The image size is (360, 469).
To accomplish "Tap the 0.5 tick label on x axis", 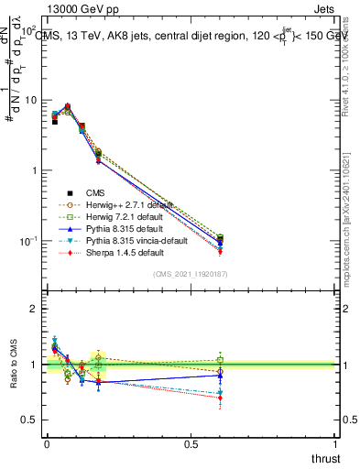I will [x=191, y=444].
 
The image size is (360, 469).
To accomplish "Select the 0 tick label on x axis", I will [x=47, y=444].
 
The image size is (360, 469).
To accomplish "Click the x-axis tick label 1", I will [x=336, y=444].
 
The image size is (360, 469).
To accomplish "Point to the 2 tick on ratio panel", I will [x=34, y=309].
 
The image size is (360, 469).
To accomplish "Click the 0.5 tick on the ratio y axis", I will [x=29, y=420].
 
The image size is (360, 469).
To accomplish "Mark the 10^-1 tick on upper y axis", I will [x=26, y=241].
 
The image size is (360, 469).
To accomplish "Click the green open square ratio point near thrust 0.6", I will [x=220, y=360].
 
